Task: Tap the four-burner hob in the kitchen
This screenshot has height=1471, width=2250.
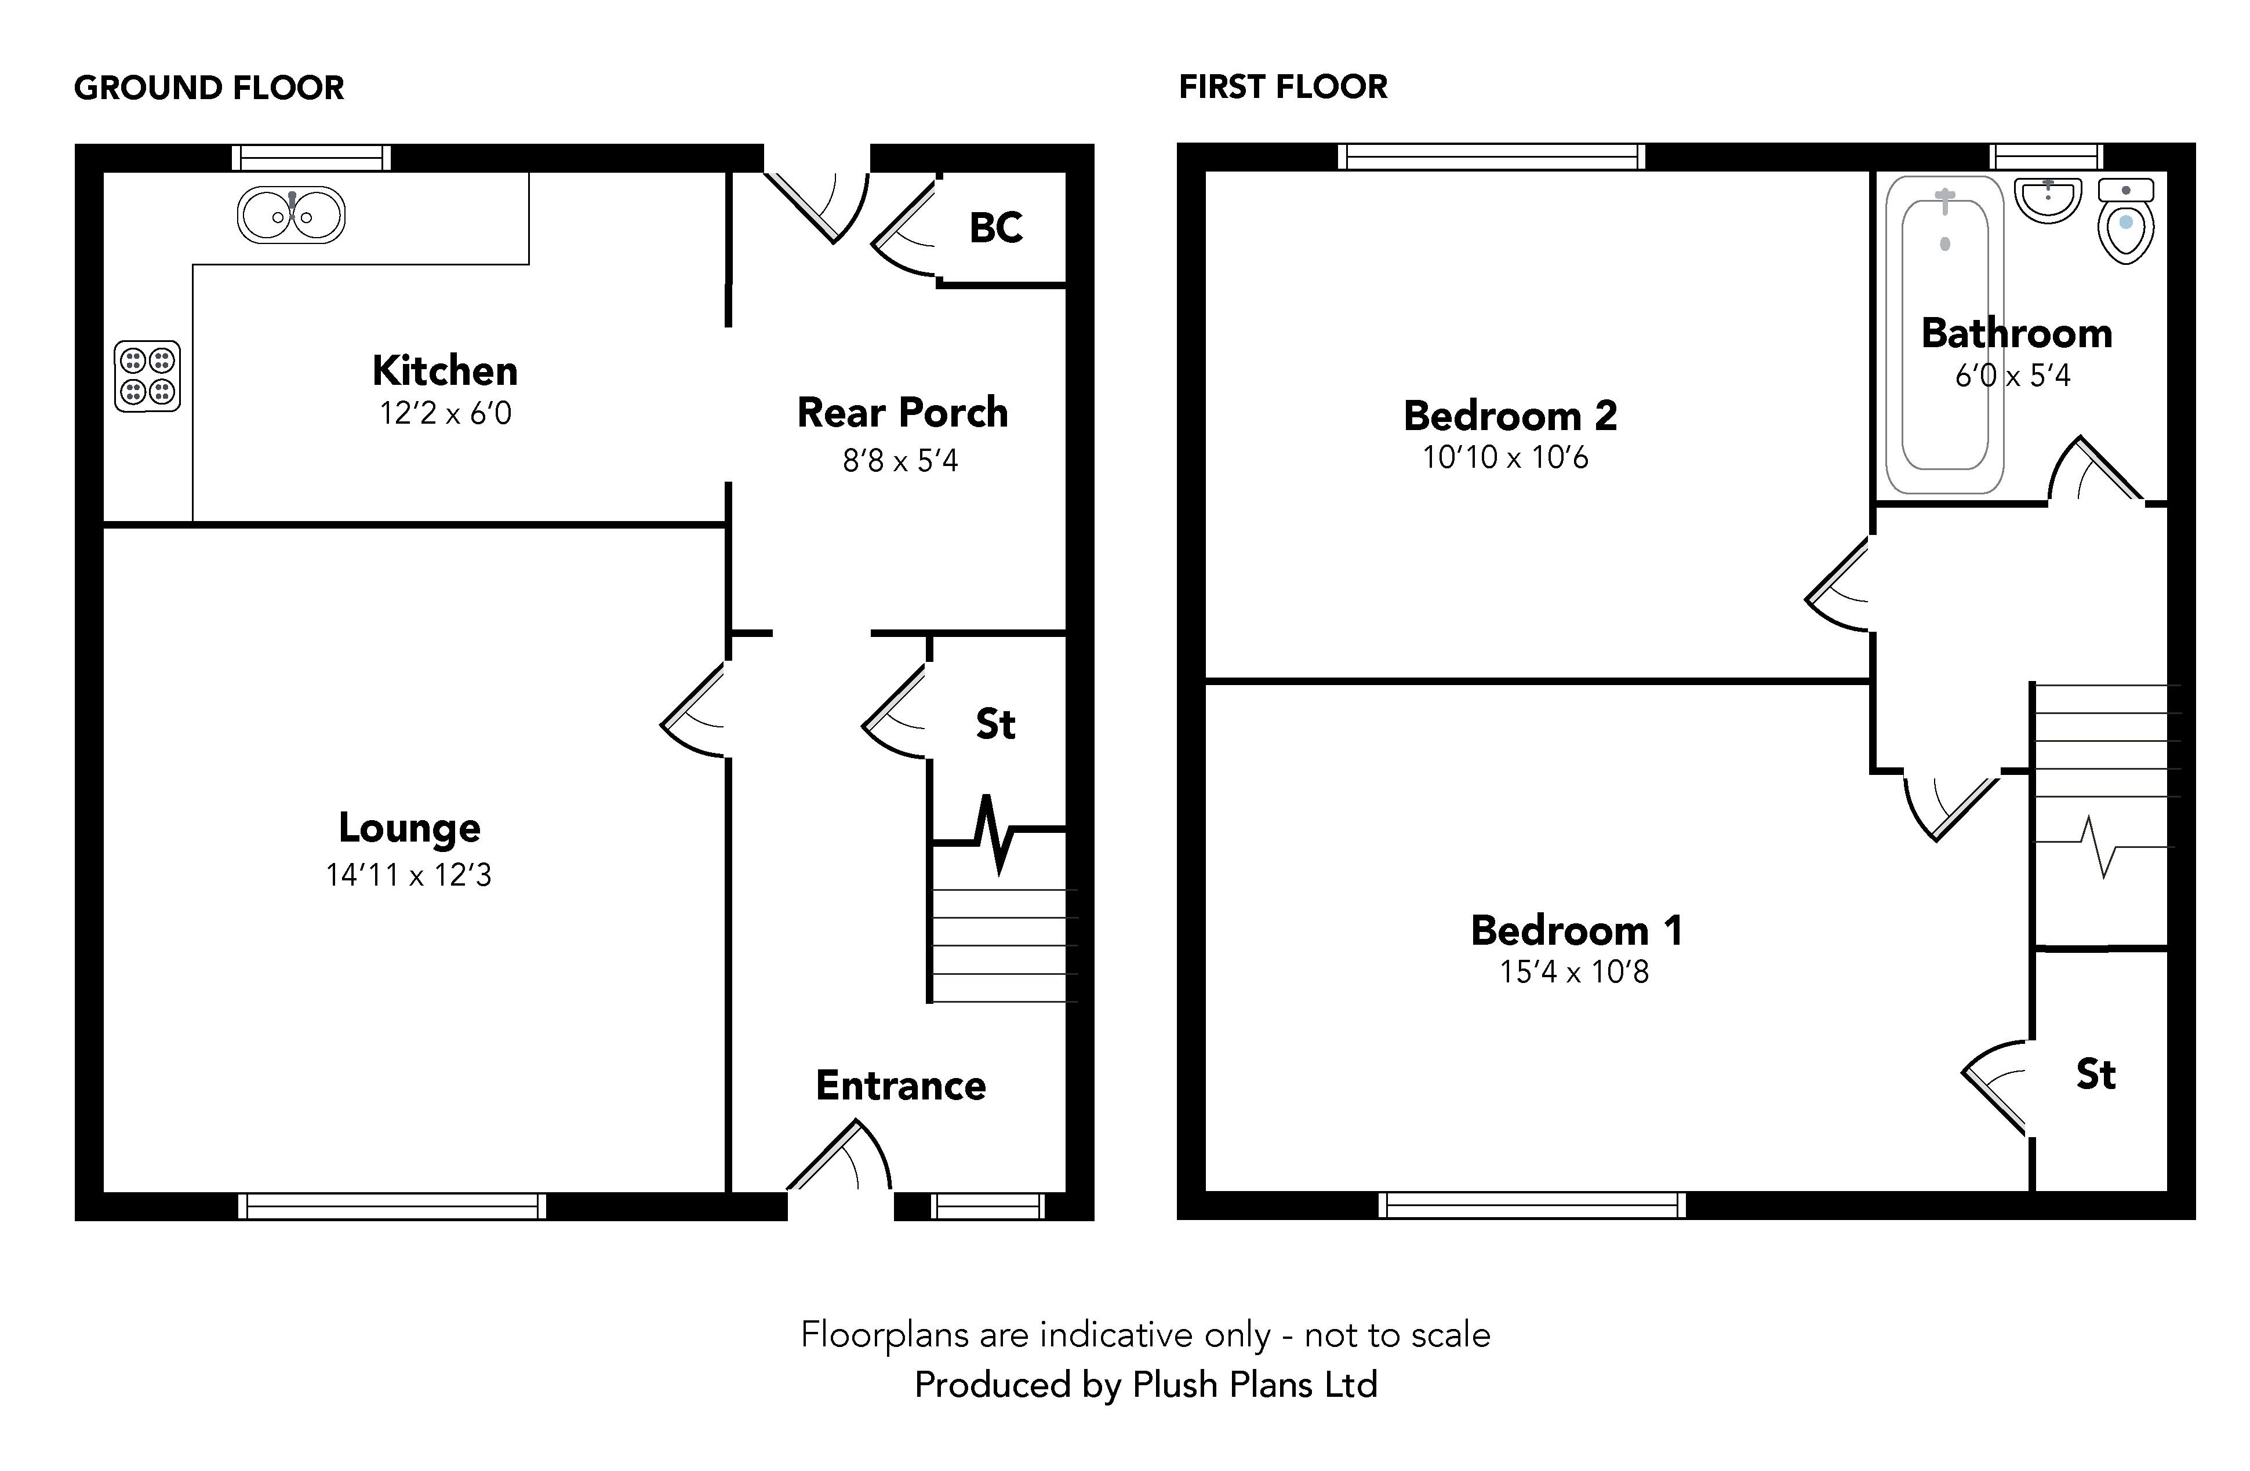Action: point(147,376)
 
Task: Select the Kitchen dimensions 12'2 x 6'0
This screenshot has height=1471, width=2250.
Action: point(445,413)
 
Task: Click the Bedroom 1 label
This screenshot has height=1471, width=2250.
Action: point(1576,930)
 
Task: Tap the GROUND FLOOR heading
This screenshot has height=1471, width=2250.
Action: point(209,88)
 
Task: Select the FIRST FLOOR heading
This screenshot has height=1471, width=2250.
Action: point(1283,87)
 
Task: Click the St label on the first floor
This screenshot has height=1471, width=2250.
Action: point(2095,1075)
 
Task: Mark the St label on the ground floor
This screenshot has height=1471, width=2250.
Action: point(995,724)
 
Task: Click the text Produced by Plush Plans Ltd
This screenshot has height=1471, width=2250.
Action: point(1146,1385)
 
